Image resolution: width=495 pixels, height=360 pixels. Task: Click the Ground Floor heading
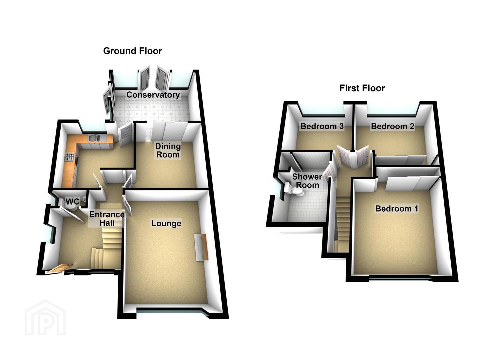click(x=133, y=51)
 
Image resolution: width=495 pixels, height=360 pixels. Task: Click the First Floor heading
click(x=362, y=88)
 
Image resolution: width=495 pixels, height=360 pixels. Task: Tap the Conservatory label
click(x=153, y=95)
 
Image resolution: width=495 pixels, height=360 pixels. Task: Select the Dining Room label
click(x=168, y=150)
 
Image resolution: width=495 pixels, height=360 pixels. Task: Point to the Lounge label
click(x=166, y=223)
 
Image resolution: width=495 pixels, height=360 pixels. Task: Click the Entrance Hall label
click(x=107, y=219)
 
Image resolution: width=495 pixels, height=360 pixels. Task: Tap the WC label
click(x=72, y=201)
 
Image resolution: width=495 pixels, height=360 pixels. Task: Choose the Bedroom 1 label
click(x=397, y=209)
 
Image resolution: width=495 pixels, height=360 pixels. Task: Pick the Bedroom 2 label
click(x=392, y=126)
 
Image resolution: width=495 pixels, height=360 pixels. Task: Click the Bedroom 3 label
click(x=322, y=126)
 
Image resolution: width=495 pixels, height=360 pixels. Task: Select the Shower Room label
click(x=307, y=181)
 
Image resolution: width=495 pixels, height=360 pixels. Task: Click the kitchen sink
click(x=94, y=138)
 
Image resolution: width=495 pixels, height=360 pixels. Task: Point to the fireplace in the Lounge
click(x=201, y=247)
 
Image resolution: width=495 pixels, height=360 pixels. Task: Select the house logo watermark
click(x=45, y=318)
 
